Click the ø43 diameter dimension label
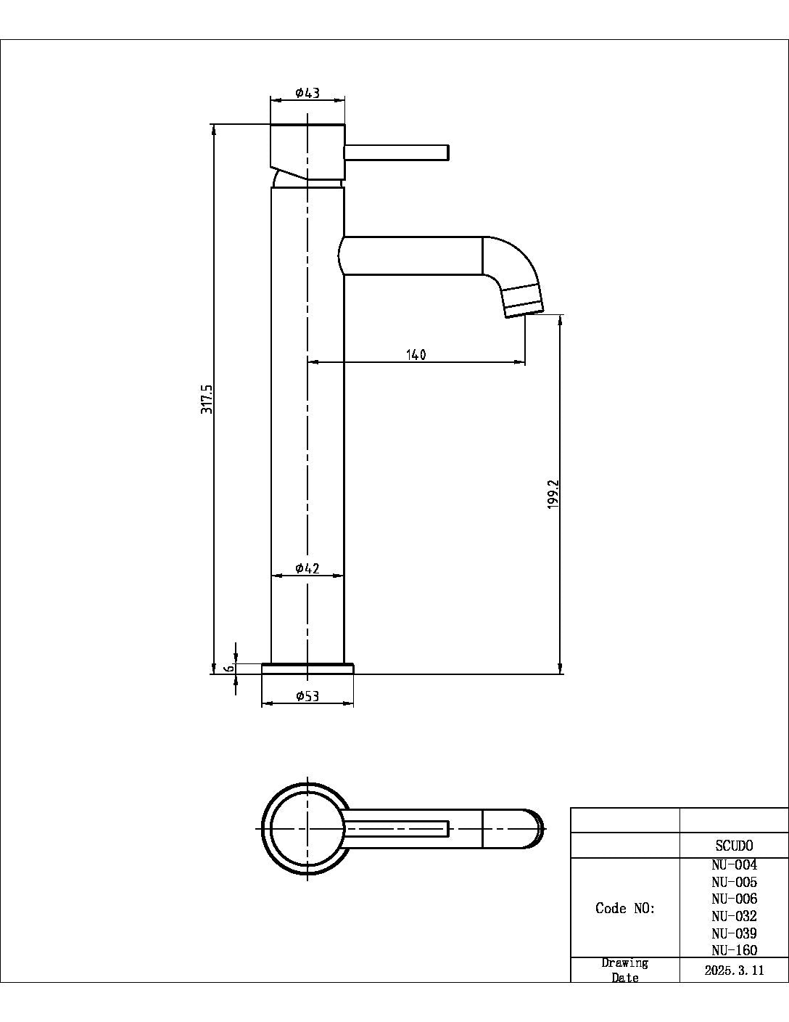tap(307, 93)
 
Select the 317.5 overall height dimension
tap(207, 399)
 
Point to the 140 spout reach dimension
tap(416, 354)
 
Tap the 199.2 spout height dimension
tap(553, 493)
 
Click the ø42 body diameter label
tap(307, 568)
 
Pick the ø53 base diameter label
tap(307, 696)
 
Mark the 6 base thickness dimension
tap(230, 668)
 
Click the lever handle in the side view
tap(397, 152)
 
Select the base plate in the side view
tap(307, 669)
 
